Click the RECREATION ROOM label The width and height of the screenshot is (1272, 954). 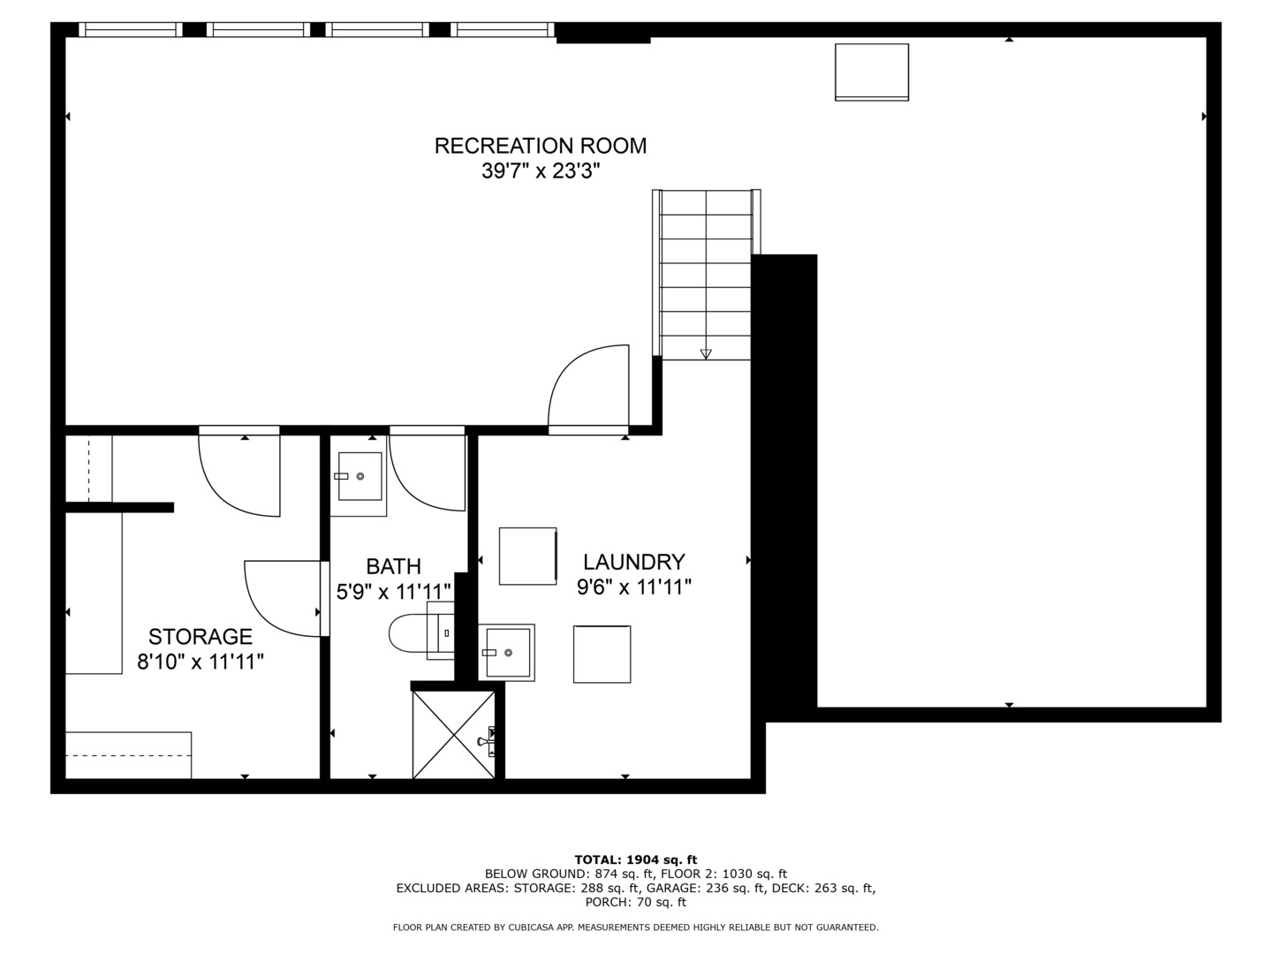click(540, 146)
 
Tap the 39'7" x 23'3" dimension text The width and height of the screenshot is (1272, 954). click(540, 170)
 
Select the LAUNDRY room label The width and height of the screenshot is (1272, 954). click(634, 562)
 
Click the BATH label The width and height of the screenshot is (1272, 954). click(393, 566)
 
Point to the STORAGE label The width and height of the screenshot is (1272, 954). click(201, 637)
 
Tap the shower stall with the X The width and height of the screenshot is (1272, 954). click(454, 735)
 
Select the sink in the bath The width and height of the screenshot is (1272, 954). click(360, 476)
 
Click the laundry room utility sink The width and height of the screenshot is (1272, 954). click(506, 652)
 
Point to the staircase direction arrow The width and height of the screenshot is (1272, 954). click(706, 353)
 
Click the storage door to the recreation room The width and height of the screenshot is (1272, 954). click(239, 471)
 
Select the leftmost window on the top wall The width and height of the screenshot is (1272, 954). click(131, 29)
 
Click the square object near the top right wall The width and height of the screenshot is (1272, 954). click(872, 72)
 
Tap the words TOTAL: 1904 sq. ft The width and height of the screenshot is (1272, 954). click(636, 859)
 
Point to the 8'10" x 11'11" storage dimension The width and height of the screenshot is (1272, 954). click(201, 662)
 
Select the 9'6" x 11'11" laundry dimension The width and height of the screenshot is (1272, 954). click(634, 587)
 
